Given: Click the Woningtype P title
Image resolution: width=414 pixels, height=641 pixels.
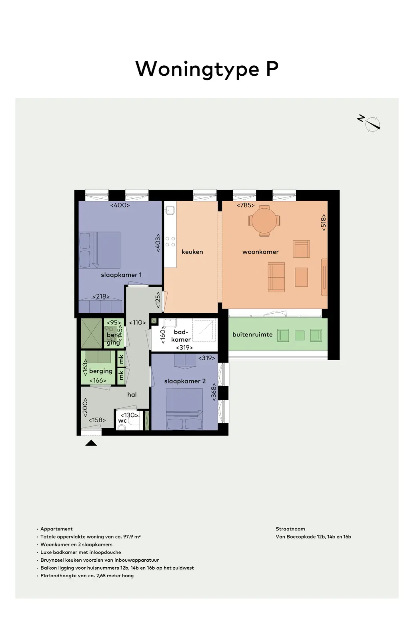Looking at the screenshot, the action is (x=206, y=69).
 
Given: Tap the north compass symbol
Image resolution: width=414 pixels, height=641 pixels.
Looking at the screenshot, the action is (x=370, y=123).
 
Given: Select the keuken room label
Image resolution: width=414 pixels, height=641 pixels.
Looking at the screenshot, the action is (x=192, y=252).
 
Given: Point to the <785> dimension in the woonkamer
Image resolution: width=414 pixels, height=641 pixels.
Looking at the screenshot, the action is (x=246, y=205).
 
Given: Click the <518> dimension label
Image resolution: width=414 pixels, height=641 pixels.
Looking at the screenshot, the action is (x=323, y=222).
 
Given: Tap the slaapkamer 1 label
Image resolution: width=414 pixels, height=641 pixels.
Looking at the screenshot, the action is (x=121, y=275).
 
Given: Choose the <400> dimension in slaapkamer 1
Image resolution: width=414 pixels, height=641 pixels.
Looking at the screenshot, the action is (x=120, y=205).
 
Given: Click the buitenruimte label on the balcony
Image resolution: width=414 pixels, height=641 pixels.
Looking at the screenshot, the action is (x=252, y=335).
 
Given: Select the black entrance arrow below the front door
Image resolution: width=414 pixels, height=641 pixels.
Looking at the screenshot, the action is (x=91, y=443).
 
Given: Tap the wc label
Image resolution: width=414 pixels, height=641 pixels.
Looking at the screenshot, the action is (x=122, y=421).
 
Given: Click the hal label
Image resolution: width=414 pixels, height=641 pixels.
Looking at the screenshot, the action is (x=132, y=394).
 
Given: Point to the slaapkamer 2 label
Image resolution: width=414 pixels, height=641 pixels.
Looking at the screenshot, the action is (x=185, y=381).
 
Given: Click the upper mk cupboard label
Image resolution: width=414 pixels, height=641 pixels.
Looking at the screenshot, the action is (x=121, y=359).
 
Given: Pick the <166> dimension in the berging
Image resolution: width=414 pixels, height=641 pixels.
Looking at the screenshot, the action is (x=98, y=380).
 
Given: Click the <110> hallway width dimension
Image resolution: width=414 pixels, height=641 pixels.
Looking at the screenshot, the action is (x=137, y=323).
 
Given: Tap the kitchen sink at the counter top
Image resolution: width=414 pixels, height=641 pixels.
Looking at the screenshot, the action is (x=170, y=210).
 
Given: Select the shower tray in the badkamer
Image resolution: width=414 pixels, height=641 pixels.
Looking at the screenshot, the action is (x=204, y=330).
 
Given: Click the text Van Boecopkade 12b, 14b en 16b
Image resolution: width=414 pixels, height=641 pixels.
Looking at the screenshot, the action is (x=313, y=536).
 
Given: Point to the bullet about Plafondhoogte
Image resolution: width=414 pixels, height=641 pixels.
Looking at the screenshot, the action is (x=87, y=575).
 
